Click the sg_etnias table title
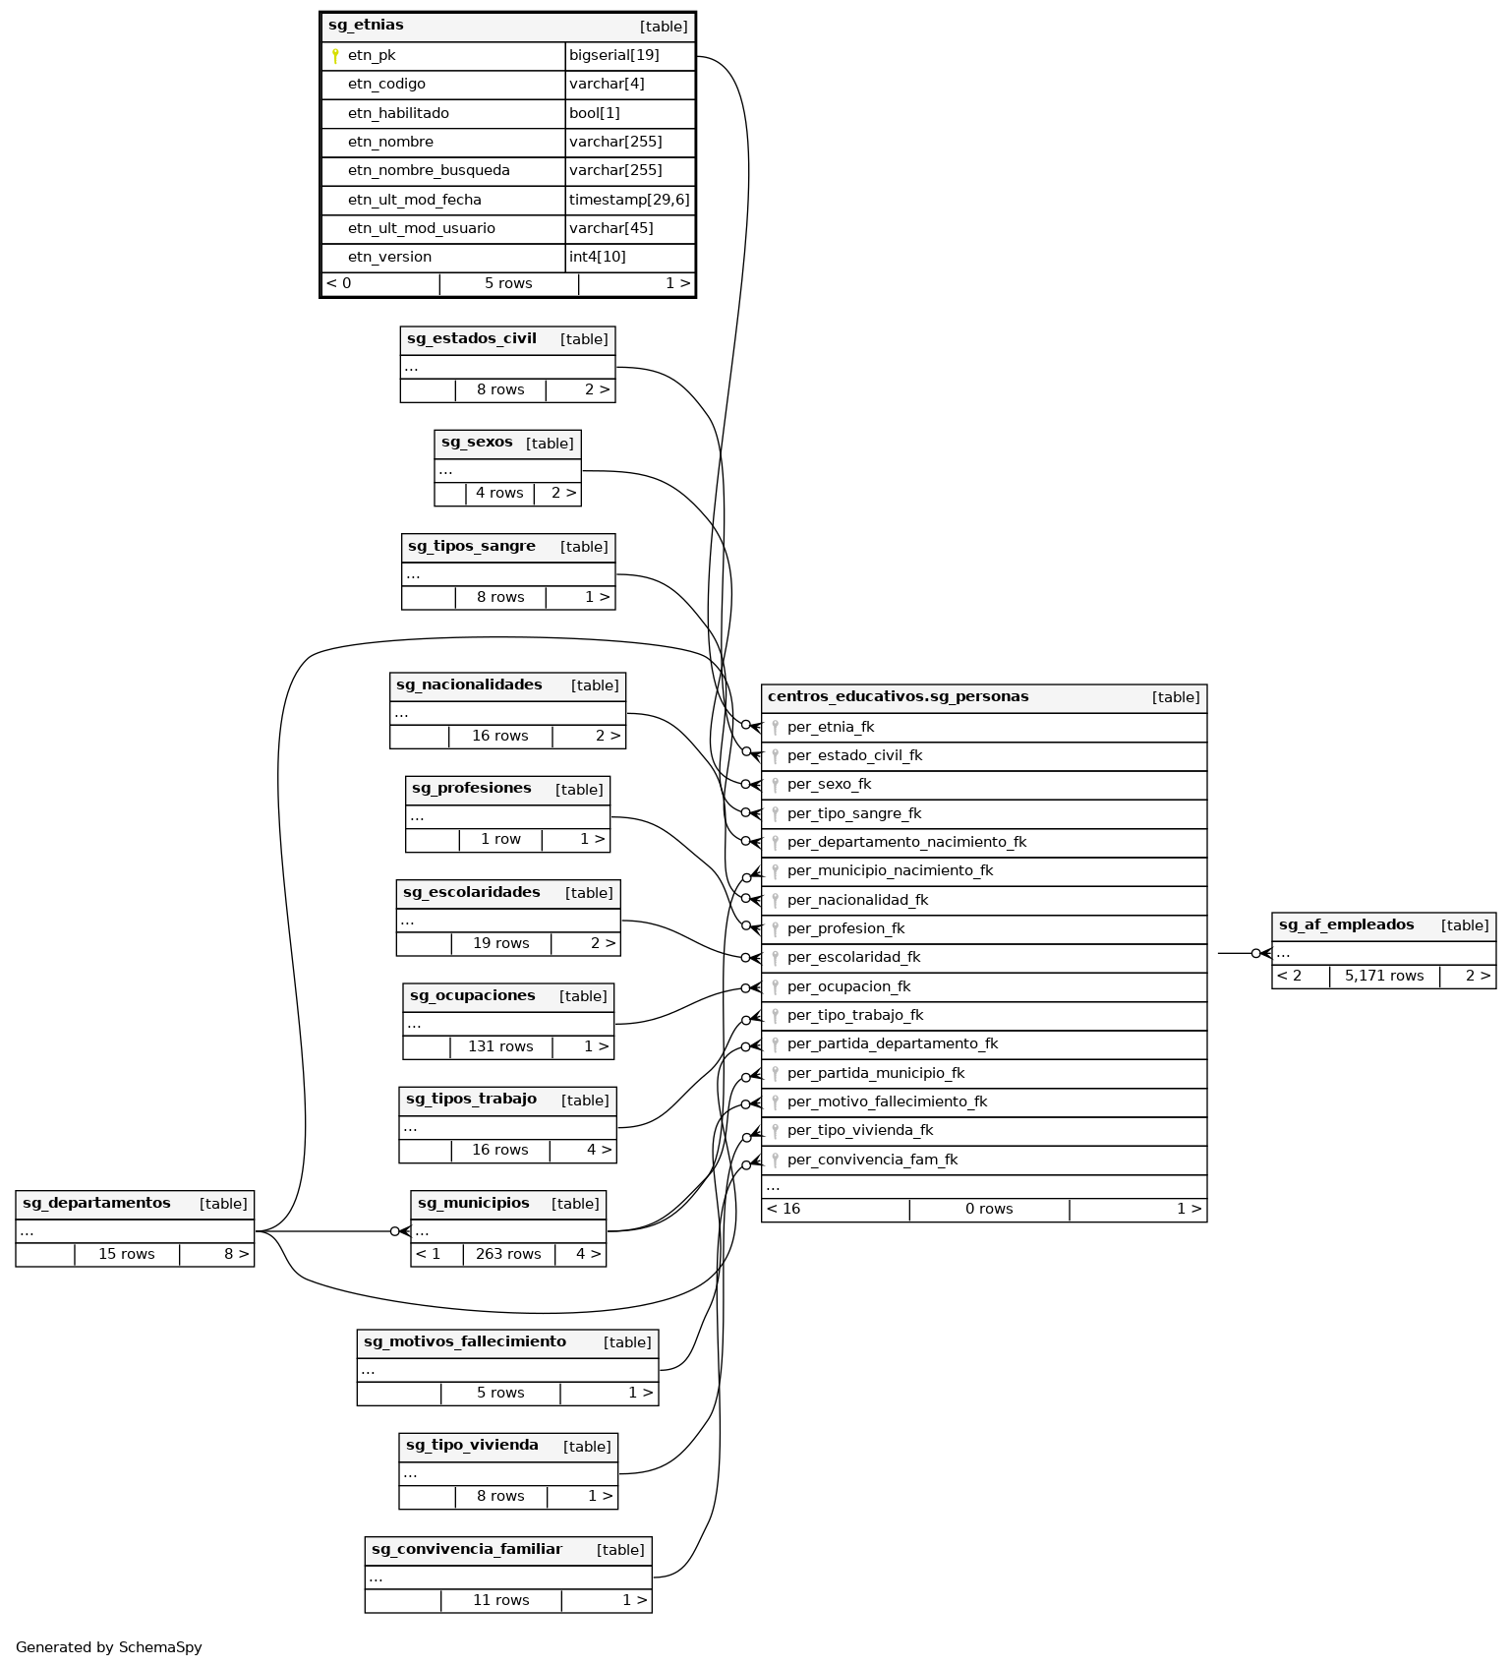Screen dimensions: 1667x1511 point(366,26)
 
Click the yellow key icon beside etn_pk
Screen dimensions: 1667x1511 point(335,56)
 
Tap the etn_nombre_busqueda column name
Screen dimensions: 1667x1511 point(429,171)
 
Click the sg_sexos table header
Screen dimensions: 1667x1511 point(477,443)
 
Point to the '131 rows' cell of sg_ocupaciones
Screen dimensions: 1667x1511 point(500,1046)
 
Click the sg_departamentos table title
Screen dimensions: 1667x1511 point(96,1203)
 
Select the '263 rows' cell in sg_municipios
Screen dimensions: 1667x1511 point(508,1254)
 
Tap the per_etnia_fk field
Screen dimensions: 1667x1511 point(830,728)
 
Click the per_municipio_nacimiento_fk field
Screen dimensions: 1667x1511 point(890,871)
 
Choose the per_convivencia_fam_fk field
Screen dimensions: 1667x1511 point(872,1161)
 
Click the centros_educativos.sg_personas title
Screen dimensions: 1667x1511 point(898,697)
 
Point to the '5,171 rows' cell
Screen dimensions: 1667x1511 point(1384,977)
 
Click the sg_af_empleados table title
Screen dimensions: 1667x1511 point(1346,924)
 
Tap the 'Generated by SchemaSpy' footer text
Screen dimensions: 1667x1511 point(109,1647)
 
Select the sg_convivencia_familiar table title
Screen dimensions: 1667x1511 point(466,1550)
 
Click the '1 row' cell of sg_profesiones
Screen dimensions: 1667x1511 point(500,840)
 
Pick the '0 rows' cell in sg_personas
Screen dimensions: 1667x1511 point(989,1210)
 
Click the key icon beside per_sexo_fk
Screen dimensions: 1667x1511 point(775,785)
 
